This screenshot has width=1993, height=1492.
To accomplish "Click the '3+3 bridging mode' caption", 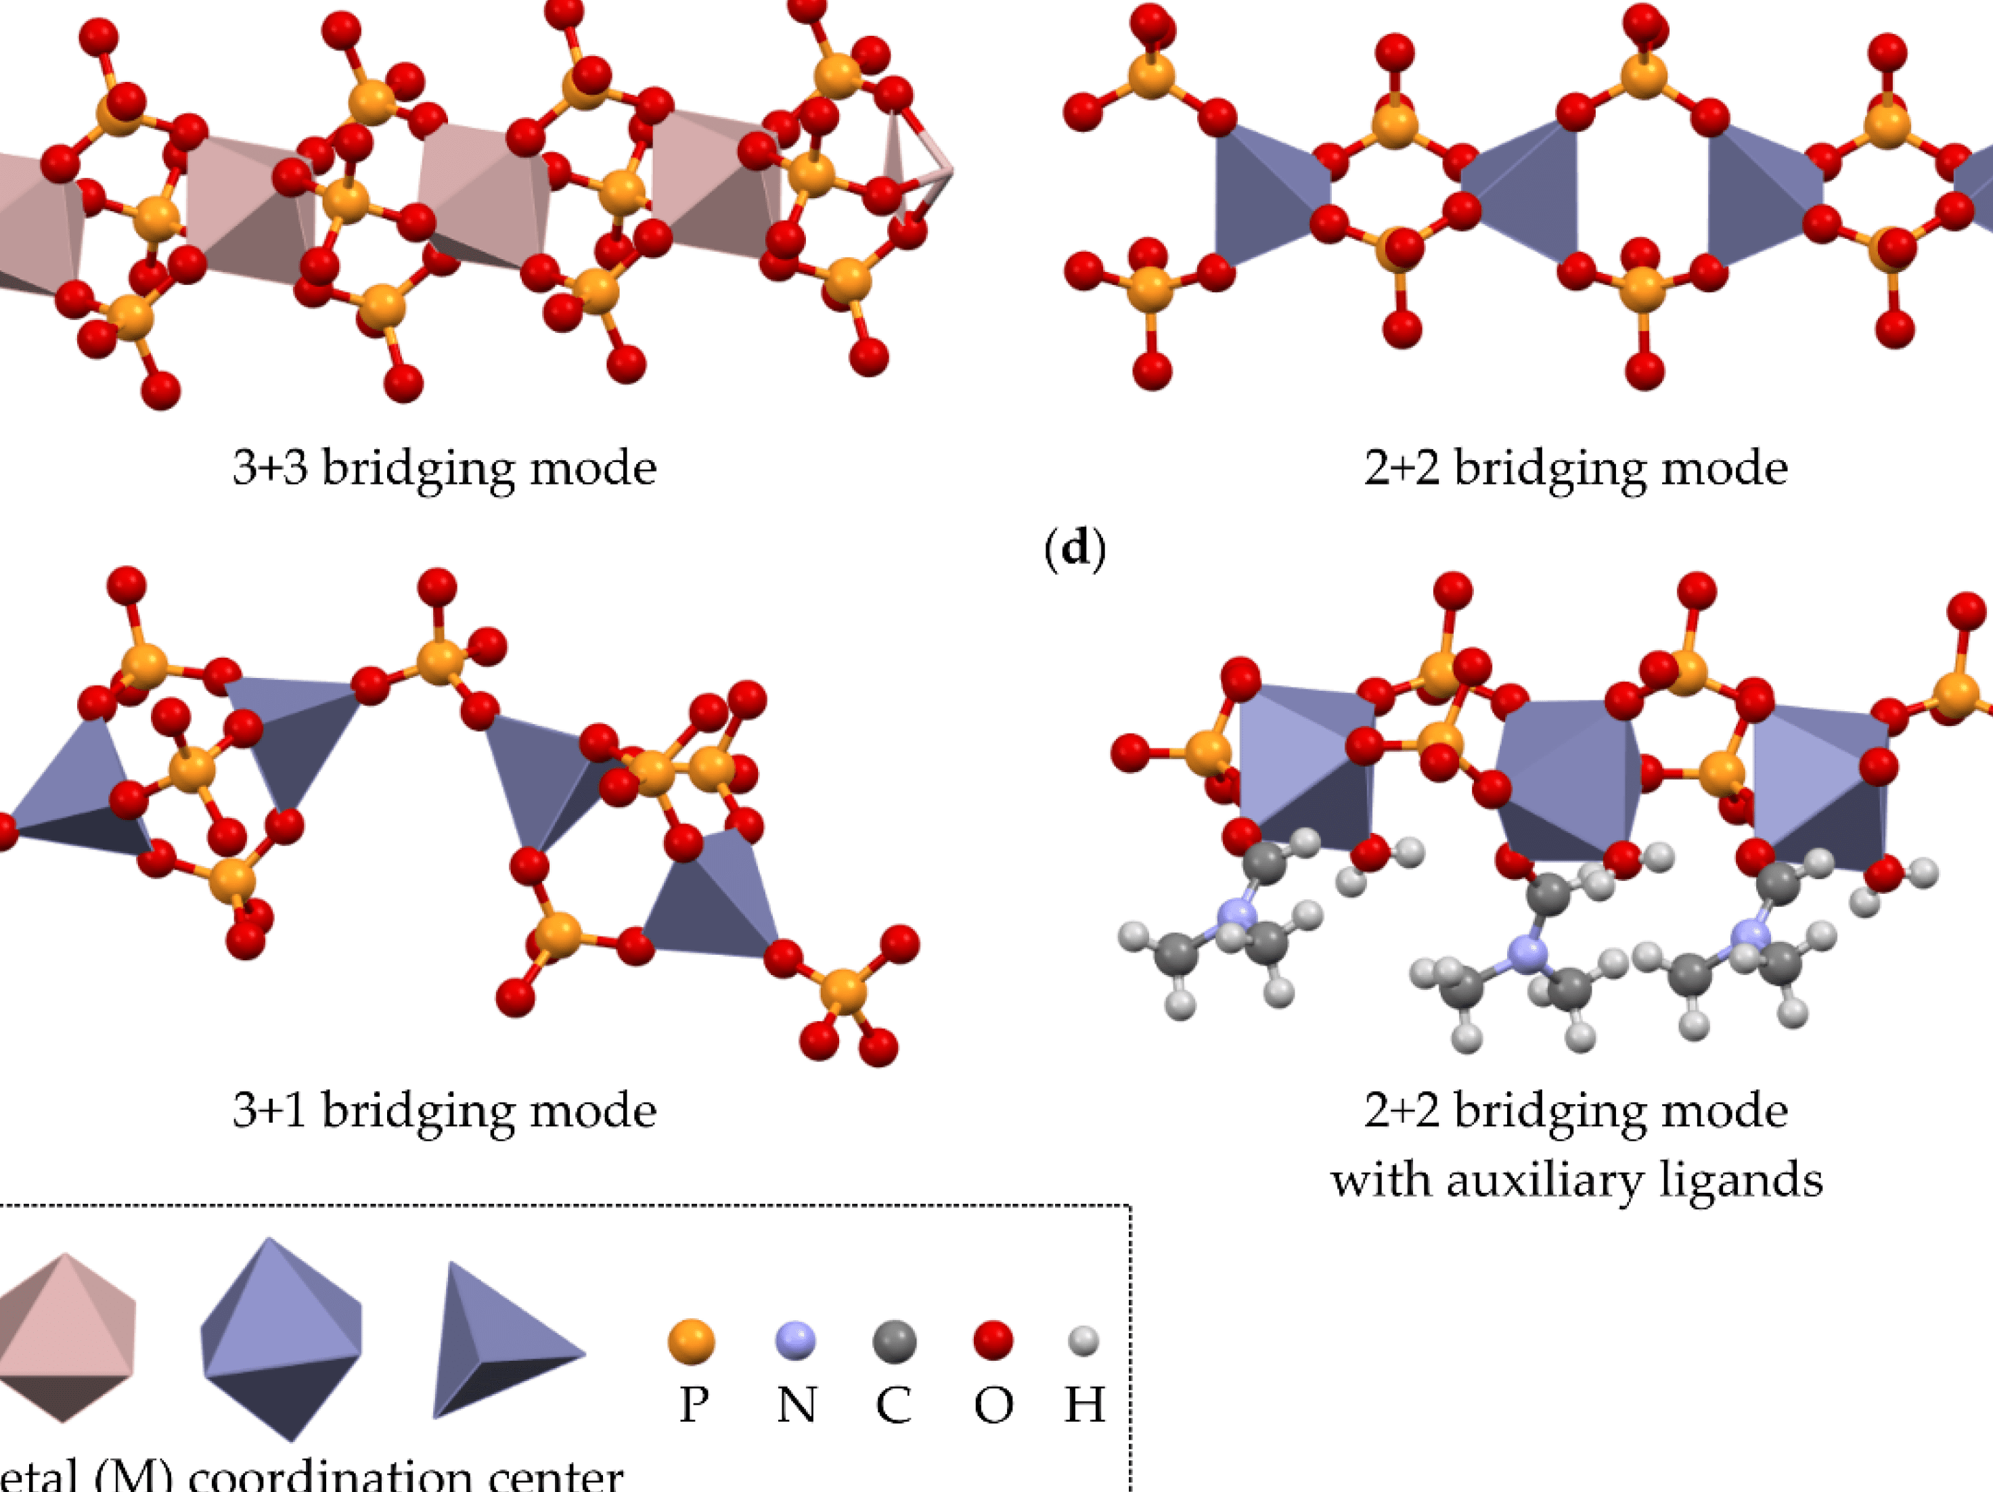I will click(444, 468).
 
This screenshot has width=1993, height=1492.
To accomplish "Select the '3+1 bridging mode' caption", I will click(444, 1110).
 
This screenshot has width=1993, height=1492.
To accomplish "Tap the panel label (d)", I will click(1074, 548).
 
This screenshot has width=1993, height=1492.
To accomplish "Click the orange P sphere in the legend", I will click(691, 1342).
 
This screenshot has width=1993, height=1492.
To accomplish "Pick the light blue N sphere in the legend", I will click(796, 1340).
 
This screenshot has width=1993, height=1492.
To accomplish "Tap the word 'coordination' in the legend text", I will click(329, 1476).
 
